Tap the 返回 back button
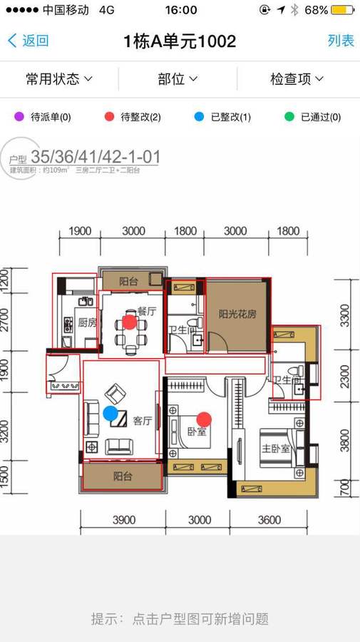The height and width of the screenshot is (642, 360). [28, 41]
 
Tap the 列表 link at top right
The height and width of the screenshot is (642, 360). [341, 41]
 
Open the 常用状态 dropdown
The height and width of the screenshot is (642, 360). [59, 78]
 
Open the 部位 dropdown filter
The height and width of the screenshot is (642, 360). [178, 78]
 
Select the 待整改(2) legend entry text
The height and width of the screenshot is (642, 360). [140, 117]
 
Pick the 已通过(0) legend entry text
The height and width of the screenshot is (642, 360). [321, 117]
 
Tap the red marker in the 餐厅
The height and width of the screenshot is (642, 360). [129, 322]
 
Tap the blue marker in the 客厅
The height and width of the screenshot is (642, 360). [110, 412]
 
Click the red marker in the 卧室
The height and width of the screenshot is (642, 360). [204, 419]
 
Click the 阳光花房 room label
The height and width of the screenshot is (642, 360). [237, 313]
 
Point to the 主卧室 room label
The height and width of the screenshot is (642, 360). [275, 449]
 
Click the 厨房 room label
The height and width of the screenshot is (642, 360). [87, 322]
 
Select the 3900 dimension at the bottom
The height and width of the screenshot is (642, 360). [123, 521]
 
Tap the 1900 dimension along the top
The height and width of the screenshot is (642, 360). [80, 231]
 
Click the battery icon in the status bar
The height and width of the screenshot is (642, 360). [343, 10]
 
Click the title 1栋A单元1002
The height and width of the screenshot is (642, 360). [180, 41]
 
